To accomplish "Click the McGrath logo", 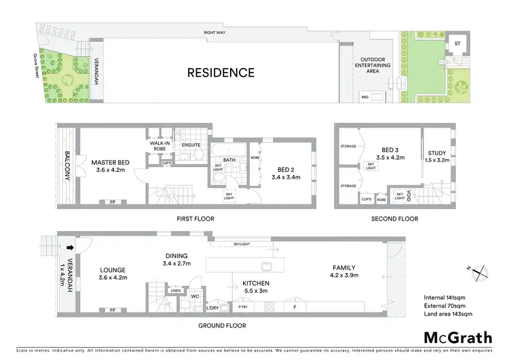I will pyautogui.click(x=458, y=338).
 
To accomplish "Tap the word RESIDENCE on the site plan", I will pyautogui.click(x=221, y=73).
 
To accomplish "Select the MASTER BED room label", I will pyautogui.click(x=111, y=166).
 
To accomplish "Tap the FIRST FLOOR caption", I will pyautogui.click(x=194, y=219).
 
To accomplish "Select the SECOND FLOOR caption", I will pyautogui.click(x=394, y=219).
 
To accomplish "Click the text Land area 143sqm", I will pyautogui.click(x=449, y=314).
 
